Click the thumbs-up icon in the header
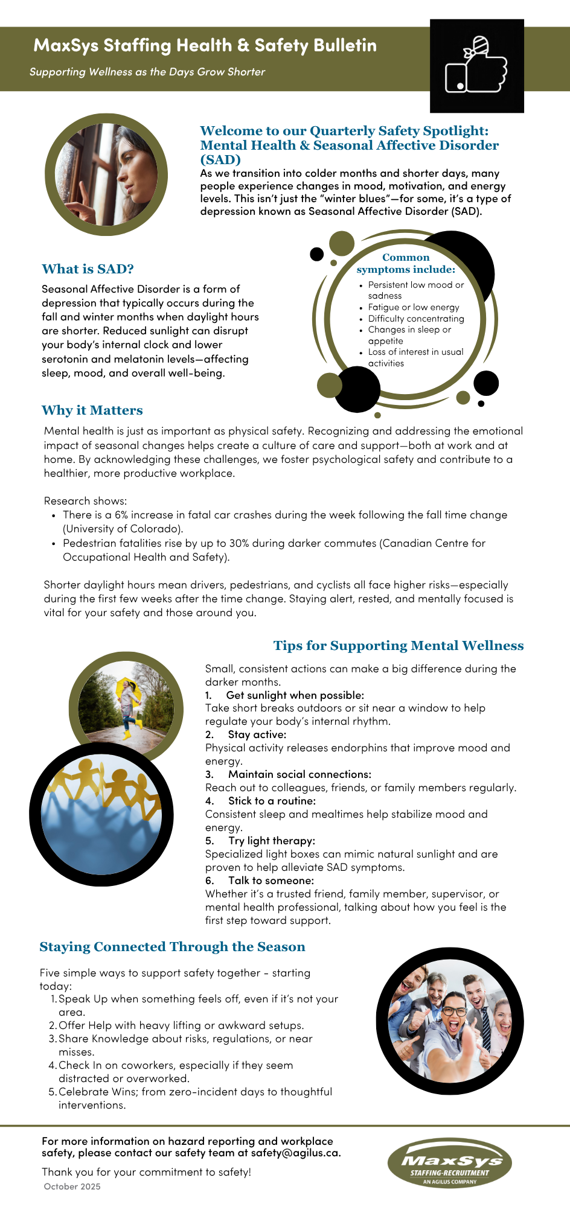476,66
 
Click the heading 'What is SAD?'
88,269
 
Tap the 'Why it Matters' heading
92,410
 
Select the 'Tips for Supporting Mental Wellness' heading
398,646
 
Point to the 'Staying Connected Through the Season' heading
172,947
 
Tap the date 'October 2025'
72,1186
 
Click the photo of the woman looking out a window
106,174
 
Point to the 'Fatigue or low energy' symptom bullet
413,307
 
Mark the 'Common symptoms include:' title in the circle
406,264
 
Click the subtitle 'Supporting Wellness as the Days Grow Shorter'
147,72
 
